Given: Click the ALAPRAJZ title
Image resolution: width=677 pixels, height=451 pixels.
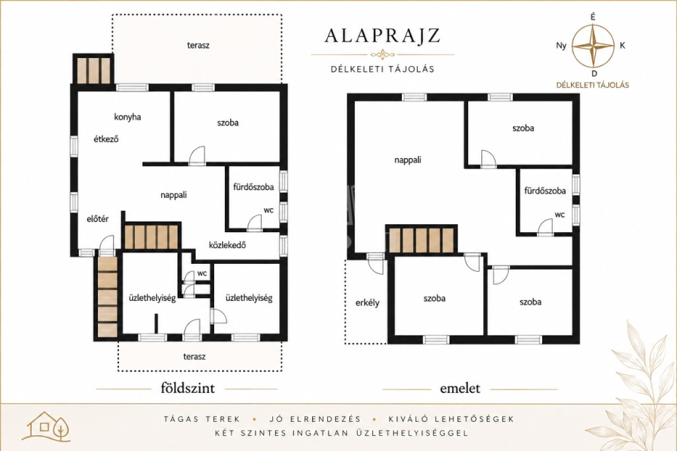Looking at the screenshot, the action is pyautogui.click(x=382, y=36).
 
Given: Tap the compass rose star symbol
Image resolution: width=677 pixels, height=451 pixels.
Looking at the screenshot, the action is pyautogui.click(x=593, y=46).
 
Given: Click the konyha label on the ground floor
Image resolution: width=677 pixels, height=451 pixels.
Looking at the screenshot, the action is pyautogui.click(x=128, y=117).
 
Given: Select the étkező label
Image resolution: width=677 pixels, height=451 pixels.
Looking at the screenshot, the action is pyautogui.click(x=106, y=139).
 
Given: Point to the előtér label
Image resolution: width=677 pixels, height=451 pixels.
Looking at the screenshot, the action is pyautogui.click(x=98, y=219).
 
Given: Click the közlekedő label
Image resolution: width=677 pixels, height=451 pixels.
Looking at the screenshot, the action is pyautogui.click(x=227, y=245).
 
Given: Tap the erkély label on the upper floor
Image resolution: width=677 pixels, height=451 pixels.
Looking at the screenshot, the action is pyautogui.click(x=368, y=302).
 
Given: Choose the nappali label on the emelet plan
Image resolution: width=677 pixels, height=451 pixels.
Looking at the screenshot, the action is pyautogui.click(x=407, y=160).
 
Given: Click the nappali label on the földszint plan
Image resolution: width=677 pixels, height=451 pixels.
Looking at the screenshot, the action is pyautogui.click(x=174, y=195).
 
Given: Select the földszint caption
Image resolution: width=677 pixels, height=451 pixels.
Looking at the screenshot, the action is pyautogui.click(x=188, y=388).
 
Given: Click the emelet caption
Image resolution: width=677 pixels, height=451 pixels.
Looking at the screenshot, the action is pyautogui.click(x=460, y=388).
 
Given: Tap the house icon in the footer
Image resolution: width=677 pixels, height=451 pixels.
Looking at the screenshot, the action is pyautogui.click(x=46, y=427).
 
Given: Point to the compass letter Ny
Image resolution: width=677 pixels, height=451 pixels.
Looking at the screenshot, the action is pyautogui.click(x=561, y=46).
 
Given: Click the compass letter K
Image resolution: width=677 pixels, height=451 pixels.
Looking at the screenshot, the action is pyautogui.click(x=622, y=46).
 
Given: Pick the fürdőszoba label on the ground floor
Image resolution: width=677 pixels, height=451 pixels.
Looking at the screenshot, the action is pyautogui.click(x=253, y=187).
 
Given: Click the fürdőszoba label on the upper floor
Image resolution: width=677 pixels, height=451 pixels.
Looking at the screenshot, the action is pyautogui.click(x=545, y=190).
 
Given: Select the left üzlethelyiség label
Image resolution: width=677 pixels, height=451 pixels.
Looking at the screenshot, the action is pyautogui.click(x=152, y=298).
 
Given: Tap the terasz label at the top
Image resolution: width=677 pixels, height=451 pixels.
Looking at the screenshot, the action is pyautogui.click(x=198, y=45).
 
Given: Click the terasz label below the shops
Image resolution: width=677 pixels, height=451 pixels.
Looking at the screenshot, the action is pyautogui.click(x=194, y=356).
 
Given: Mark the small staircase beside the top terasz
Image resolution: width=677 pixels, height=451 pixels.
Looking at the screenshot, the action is pyautogui.click(x=93, y=69).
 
